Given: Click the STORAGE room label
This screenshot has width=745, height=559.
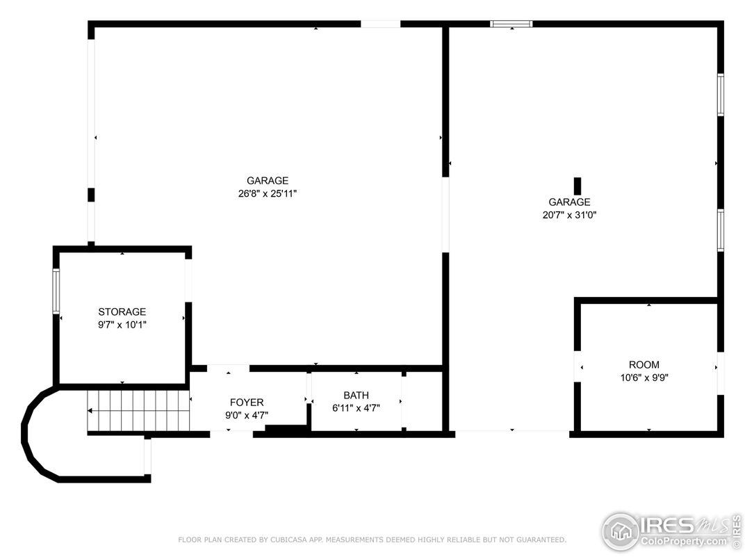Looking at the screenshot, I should tap(122, 312).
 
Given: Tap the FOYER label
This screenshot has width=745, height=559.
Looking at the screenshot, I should tap(247, 403).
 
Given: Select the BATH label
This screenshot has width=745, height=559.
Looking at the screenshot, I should tap(356, 396).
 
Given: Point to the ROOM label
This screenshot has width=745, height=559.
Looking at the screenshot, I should tap(644, 365).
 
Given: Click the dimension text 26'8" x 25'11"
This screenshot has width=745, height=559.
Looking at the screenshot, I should tap(268, 194).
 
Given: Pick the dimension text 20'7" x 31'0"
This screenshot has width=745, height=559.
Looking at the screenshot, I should tap(569, 215).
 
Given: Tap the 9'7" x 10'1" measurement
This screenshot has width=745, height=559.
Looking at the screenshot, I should tap(122, 324).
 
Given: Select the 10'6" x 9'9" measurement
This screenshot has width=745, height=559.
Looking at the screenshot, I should tap(644, 378).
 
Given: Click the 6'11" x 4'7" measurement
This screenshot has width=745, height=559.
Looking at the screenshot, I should tap(356, 408).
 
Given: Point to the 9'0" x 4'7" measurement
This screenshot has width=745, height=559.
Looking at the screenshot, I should tap(247, 415).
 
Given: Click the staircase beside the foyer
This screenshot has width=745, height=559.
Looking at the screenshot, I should tap(138, 411).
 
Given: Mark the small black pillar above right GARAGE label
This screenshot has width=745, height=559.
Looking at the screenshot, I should tap(577, 186).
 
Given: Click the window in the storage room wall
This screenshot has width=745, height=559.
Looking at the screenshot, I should tap(56, 291).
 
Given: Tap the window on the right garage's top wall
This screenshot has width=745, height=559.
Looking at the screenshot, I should tap(511, 24).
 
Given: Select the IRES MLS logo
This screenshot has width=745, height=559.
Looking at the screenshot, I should tap(671, 531).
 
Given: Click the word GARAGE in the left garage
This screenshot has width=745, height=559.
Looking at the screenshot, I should tap(268, 181).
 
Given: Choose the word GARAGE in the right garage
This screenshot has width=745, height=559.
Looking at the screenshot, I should tap(569, 202).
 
